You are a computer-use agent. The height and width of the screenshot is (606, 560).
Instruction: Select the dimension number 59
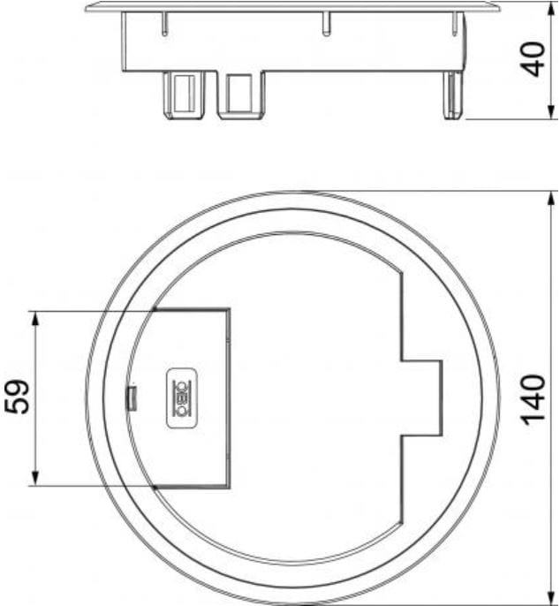tap(19, 398)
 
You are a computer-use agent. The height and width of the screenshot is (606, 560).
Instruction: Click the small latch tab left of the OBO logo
tap(129, 398)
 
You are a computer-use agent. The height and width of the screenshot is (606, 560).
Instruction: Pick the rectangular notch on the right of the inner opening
tap(422, 398)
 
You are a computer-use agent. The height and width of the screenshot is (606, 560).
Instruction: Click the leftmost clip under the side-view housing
tap(183, 95)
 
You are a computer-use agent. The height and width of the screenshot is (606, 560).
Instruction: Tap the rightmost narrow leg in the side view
tap(452, 97)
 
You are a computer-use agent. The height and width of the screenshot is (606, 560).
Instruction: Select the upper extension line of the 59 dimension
tap(88, 311)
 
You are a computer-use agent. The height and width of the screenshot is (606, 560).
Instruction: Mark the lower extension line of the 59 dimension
tap(88, 486)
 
